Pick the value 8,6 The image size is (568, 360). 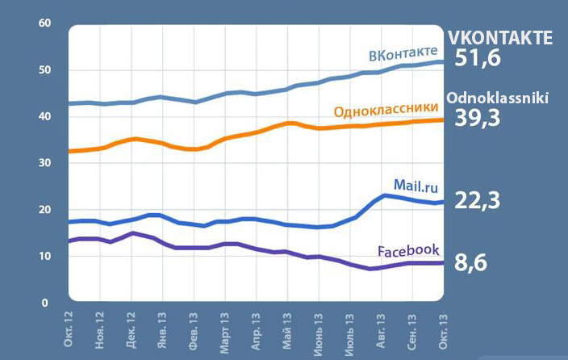point(474,262)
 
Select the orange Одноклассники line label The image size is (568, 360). point(385,109)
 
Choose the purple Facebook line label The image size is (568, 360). point(408,250)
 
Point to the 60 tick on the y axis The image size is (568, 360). point(45,24)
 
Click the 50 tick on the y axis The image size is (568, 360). point(45,70)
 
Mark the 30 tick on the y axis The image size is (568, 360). point(45,164)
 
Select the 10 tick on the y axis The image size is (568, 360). point(45,257)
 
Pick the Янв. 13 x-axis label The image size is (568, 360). point(162,331)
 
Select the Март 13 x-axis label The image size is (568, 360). point(224,331)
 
